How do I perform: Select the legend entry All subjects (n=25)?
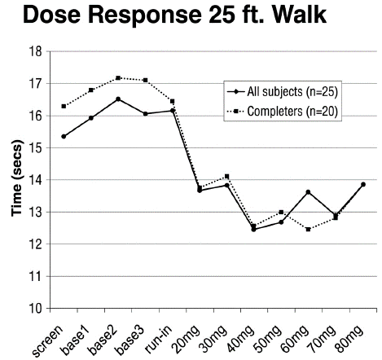[283, 92]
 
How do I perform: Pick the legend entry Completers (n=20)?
[283, 111]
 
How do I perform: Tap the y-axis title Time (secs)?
[17, 178]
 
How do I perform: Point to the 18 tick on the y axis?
[36, 51]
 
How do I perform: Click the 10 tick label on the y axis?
[36, 309]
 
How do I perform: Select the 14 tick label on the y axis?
[36, 180]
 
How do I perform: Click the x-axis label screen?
[47, 341]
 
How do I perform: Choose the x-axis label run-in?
[159, 340]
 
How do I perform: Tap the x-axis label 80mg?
[349, 340]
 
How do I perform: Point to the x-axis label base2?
[103, 340]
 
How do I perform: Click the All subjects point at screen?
[64, 137]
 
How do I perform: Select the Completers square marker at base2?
[118, 78]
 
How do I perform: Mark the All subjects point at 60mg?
[308, 192]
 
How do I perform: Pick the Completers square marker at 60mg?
[308, 230]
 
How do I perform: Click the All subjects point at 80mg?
[363, 184]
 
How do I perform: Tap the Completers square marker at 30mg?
[227, 177]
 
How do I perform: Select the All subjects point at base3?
[146, 114]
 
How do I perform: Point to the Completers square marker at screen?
[64, 106]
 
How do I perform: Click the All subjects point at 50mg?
[281, 222]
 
